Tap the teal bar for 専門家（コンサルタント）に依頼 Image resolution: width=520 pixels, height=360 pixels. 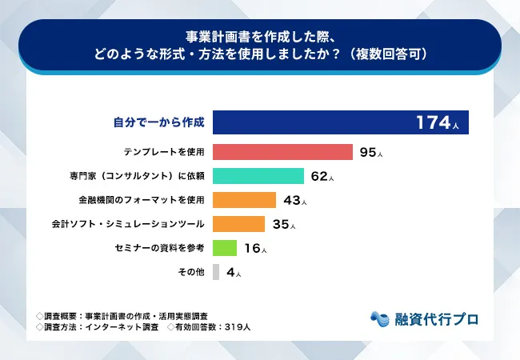coord(258,176)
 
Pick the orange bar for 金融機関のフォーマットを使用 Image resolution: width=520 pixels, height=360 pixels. coord(244,200)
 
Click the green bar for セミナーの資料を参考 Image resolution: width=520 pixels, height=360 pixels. coord(225,248)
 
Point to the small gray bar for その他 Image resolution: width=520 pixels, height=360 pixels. coord(216,272)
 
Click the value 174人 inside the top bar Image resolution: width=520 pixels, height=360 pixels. coord(437,123)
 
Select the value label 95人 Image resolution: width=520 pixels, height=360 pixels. coord(372,152)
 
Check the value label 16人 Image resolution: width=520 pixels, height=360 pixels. coord(255,248)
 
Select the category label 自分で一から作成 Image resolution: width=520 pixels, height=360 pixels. coord(158,123)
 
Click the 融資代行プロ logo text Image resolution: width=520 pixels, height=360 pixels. coord(436,318)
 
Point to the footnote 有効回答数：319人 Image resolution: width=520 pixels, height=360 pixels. coord(213,327)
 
